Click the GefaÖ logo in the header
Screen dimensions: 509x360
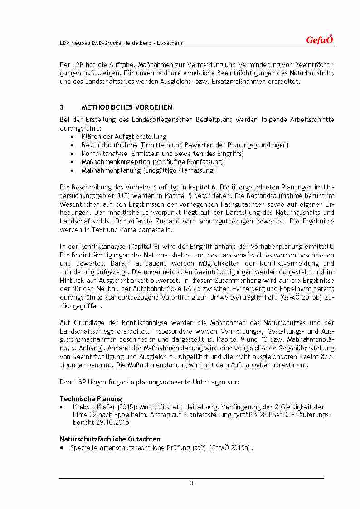[320, 40]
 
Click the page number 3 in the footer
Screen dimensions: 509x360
[191, 483]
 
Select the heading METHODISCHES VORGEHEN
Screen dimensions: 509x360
[126, 107]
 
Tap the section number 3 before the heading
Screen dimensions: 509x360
[62, 107]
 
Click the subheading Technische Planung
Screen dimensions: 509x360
[91, 398]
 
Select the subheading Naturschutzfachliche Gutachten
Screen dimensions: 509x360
[110, 439]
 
